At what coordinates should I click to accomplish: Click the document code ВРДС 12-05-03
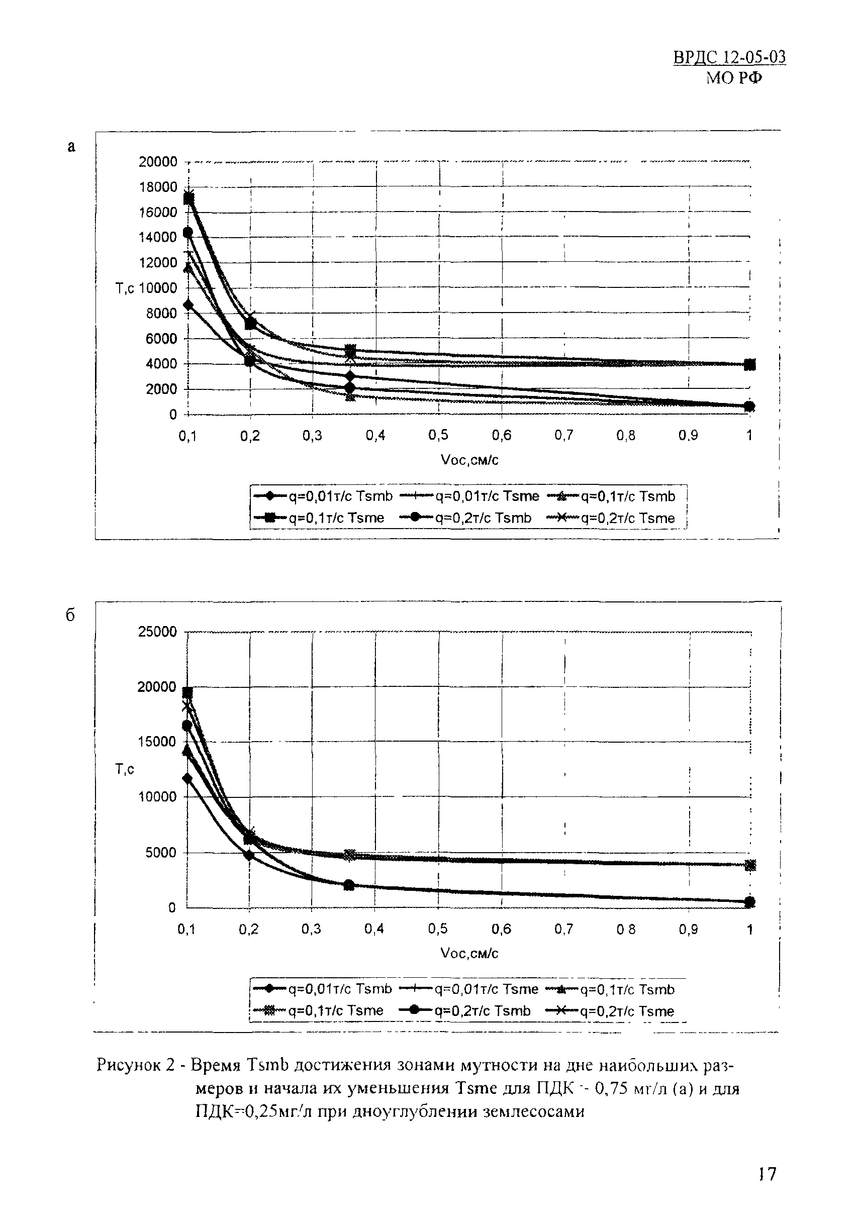click(729, 57)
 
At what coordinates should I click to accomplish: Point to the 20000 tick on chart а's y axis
click(158, 162)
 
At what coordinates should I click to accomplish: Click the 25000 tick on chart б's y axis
click(158, 632)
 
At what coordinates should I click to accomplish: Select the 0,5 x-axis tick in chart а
click(438, 435)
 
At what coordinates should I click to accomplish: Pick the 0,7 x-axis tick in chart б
click(563, 929)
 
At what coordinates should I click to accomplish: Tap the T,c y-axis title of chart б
click(125, 769)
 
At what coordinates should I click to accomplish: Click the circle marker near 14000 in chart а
click(187, 232)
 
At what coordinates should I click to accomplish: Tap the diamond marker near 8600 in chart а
click(187, 305)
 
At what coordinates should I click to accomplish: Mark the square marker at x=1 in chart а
click(749, 365)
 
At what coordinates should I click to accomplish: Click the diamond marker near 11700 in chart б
click(187, 778)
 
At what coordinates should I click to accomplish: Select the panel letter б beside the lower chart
click(70, 615)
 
